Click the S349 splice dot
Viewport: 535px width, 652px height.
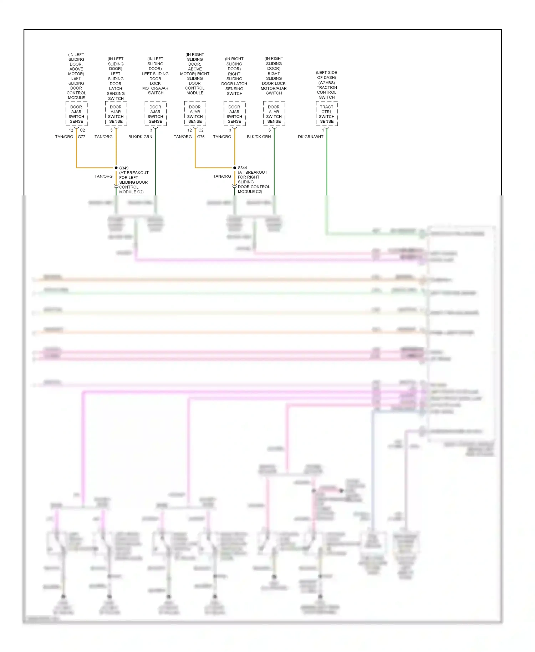[116, 168]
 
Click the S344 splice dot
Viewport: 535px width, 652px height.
[235, 168]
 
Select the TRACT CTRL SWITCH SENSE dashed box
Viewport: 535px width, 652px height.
[327, 114]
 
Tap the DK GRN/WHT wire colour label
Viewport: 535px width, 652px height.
[311, 137]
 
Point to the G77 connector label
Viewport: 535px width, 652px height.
[82, 137]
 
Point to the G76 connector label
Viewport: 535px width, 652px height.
[201, 137]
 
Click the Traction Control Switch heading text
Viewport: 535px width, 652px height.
[327, 85]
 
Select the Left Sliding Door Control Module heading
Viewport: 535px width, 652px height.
[76, 76]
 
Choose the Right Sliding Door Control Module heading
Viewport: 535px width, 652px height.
[195, 74]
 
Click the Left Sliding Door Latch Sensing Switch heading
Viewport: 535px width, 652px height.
[116, 79]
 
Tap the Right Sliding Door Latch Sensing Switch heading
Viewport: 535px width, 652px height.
[234, 76]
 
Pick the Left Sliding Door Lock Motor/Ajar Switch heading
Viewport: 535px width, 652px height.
[155, 76]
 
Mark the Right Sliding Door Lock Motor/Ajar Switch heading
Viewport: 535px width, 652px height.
[274, 76]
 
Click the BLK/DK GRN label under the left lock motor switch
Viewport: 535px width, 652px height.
[140, 137]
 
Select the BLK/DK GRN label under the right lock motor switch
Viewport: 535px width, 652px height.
[259, 137]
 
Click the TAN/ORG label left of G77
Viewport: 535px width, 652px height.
[64, 137]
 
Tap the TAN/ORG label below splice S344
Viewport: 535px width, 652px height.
[222, 176]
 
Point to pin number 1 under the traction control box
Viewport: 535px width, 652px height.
[323, 130]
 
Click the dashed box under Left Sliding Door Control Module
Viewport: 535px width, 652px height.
[76, 114]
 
